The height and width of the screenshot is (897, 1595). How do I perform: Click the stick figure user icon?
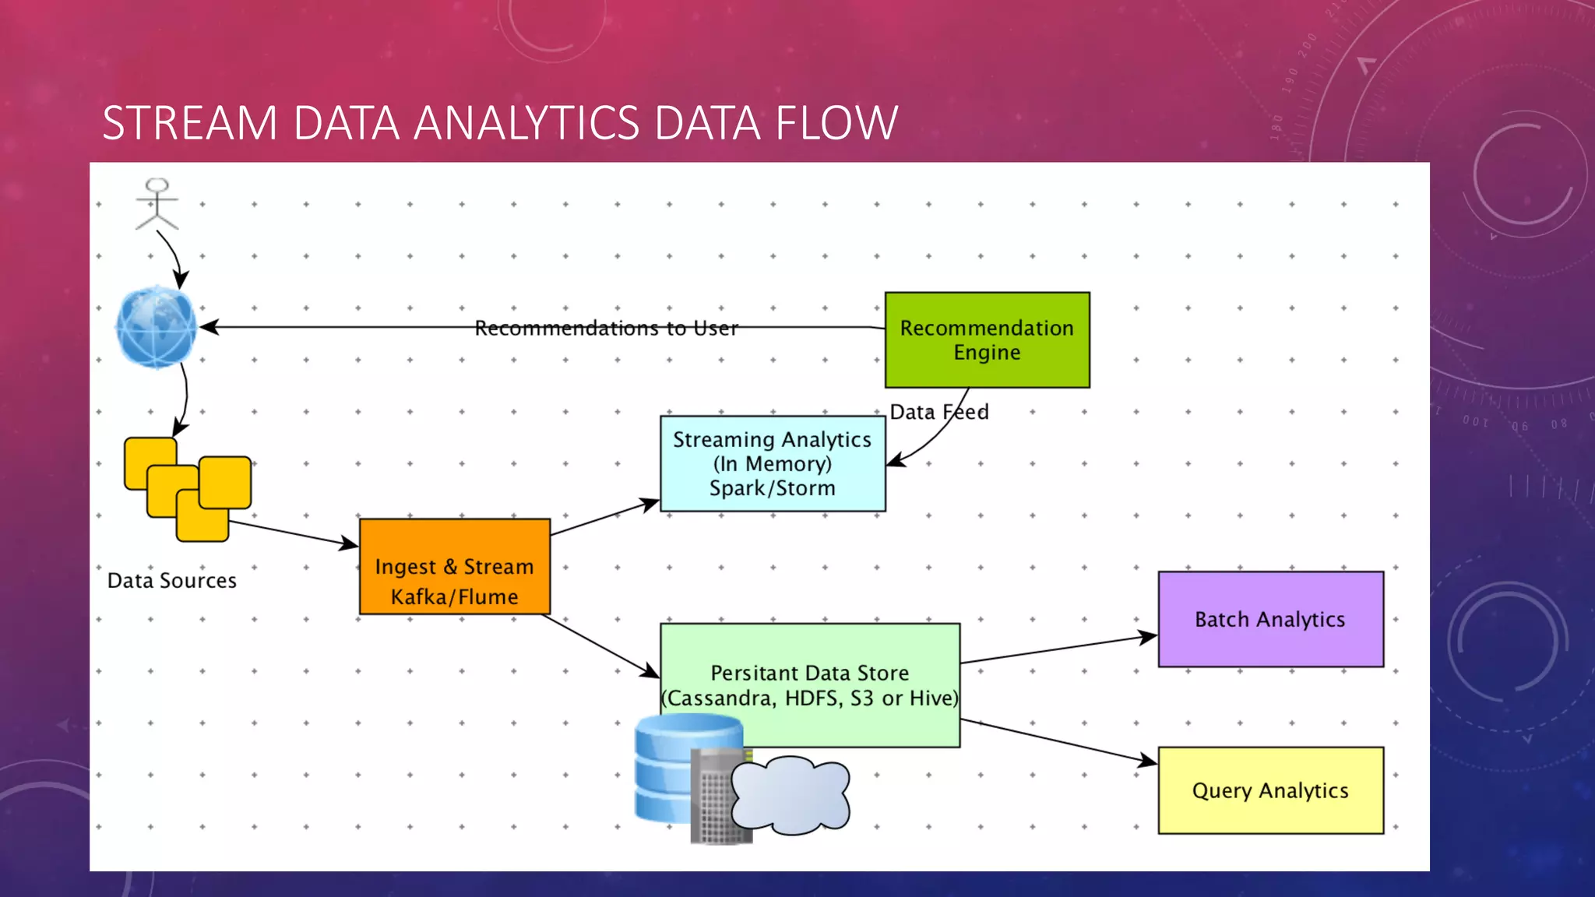click(157, 204)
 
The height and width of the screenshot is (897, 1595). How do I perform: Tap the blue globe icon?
click(156, 327)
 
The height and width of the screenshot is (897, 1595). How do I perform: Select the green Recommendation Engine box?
click(987, 340)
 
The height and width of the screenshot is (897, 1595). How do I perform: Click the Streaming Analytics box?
click(772, 464)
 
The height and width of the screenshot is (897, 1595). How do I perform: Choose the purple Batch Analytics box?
click(1270, 620)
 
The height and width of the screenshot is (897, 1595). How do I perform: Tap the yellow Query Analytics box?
click(1270, 791)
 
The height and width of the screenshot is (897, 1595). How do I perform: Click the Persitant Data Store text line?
click(809, 673)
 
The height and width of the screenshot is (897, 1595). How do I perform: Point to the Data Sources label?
click(172, 581)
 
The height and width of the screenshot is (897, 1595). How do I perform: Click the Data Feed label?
click(939, 412)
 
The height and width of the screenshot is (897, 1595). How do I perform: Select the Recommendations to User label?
click(606, 329)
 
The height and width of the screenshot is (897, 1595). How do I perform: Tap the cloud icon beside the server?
click(790, 794)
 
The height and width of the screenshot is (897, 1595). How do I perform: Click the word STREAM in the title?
click(190, 123)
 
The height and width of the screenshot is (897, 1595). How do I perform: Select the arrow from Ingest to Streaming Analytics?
click(604, 518)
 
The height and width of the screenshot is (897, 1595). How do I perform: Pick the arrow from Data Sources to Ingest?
click(293, 534)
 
